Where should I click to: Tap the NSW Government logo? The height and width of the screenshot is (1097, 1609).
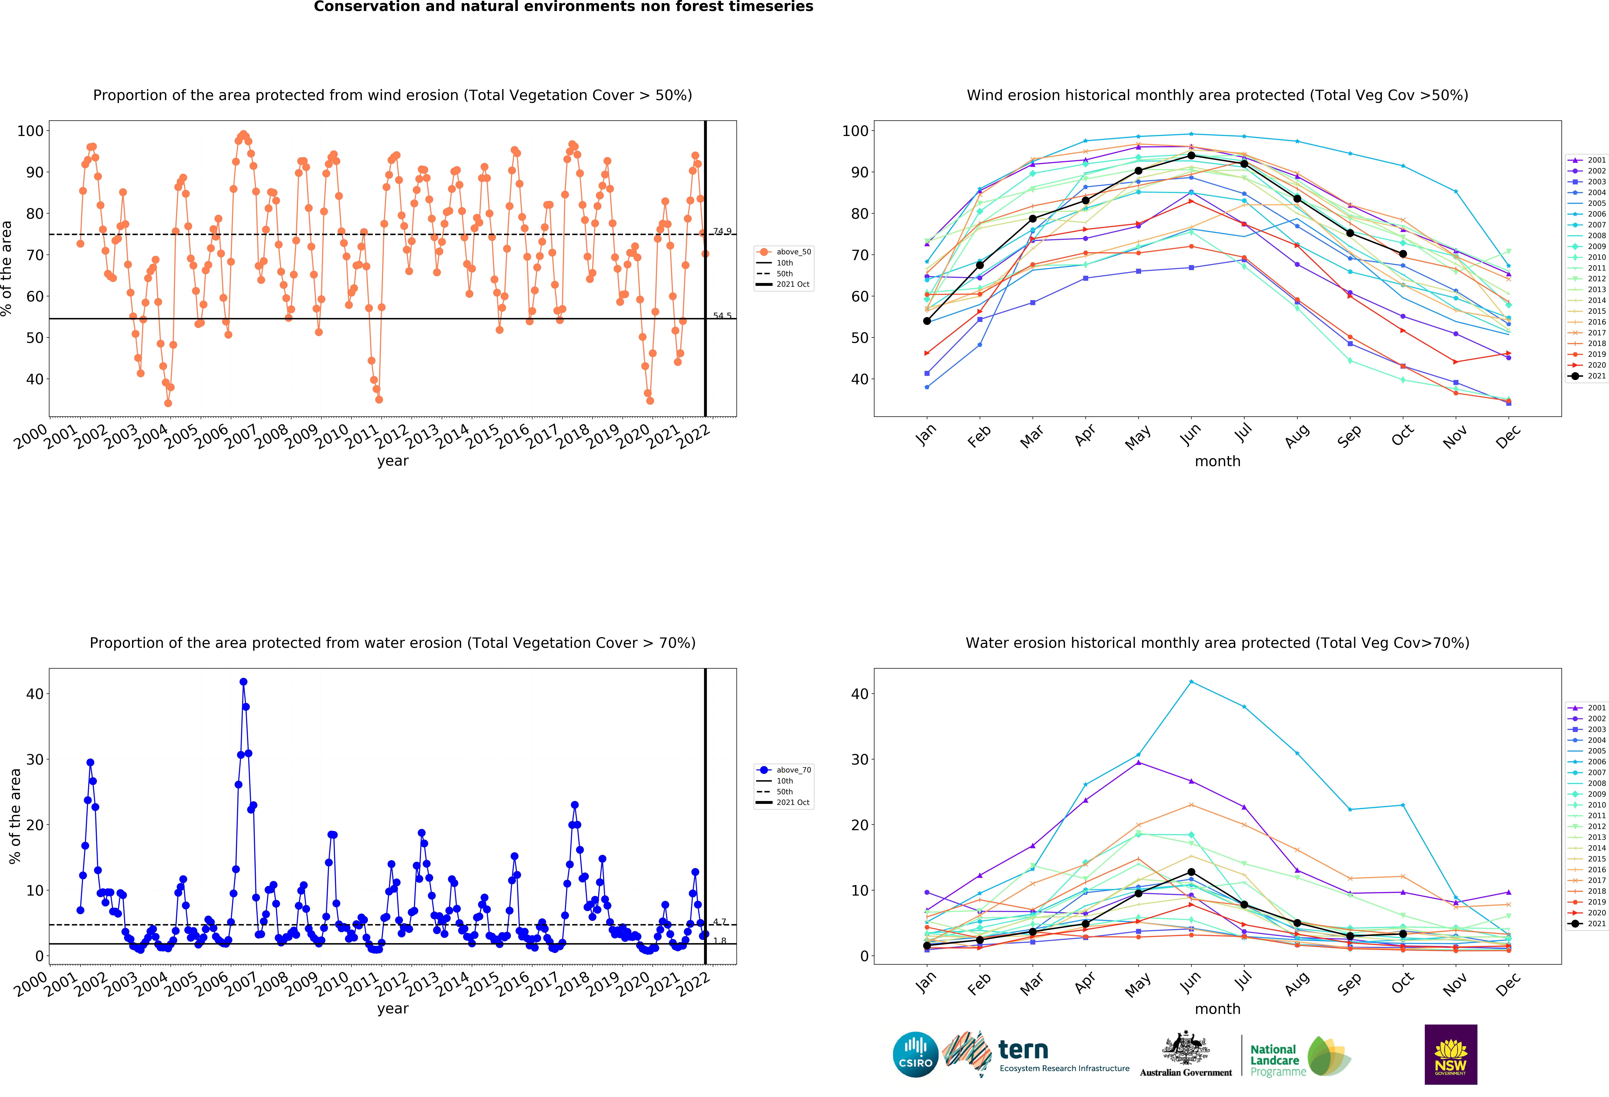(1450, 1054)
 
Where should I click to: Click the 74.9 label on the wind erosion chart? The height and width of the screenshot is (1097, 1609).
(722, 231)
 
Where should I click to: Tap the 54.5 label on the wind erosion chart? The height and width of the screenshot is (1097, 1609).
(722, 316)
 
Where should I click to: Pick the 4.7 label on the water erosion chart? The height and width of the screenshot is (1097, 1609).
(720, 922)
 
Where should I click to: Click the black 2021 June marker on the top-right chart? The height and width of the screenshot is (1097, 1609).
(1191, 155)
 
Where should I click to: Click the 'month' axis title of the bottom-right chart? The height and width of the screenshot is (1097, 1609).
(1217, 1009)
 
